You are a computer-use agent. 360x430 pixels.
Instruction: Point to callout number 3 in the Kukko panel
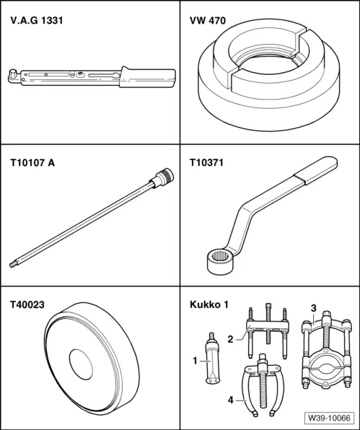(x=312, y=310)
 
